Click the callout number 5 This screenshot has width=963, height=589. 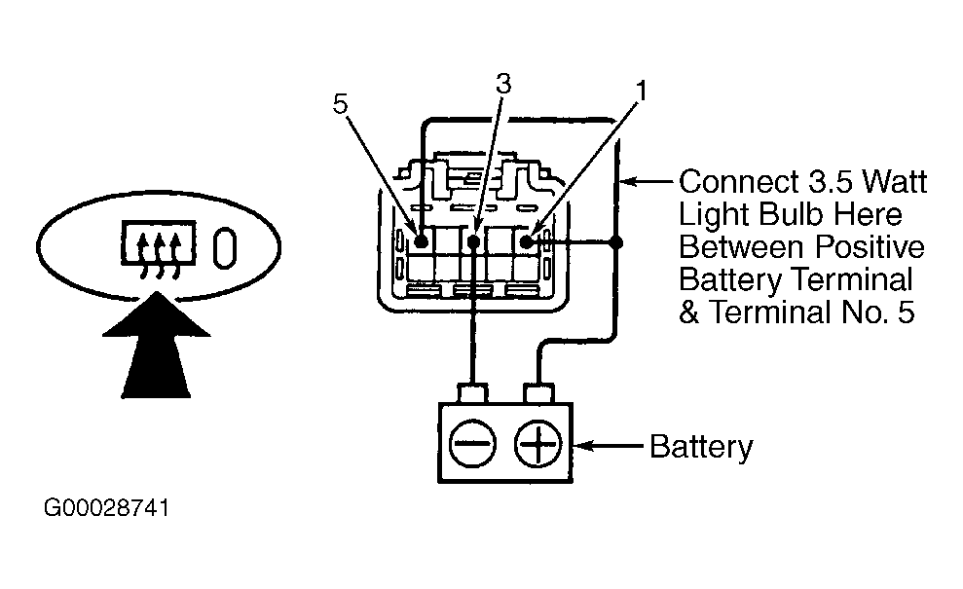[x=340, y=104]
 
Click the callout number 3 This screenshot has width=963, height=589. [x=503, y=84]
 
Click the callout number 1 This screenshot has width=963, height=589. [x=642, y=92]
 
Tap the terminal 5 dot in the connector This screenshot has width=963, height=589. [x=422, y=241]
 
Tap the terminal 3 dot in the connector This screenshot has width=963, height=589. [x=473, y=242]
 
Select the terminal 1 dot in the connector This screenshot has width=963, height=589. [x=527, y=242]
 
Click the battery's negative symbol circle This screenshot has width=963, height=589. [x=472, y=443]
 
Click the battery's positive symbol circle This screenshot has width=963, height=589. [x=537, y=443]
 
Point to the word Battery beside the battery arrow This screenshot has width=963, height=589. [x=701, y=448]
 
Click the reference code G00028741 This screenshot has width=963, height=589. [x=106, y=508]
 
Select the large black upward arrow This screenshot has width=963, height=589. [x=156, y=345]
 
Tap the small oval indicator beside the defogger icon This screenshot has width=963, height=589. [x=225, y=248]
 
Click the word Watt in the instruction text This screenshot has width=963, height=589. [x=894, y=182]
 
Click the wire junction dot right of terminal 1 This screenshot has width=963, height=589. [x=616, y=242]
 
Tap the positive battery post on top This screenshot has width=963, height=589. [x=538, y=393]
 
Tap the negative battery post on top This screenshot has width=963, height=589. [x=473, y=393]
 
